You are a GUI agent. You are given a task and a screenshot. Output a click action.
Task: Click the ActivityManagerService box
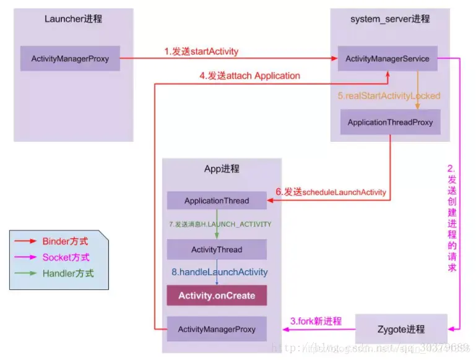[387, 59]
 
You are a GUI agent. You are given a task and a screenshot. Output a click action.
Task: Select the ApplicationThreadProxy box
[390, 122]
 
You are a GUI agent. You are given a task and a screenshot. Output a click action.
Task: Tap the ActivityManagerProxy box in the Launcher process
[70, 59]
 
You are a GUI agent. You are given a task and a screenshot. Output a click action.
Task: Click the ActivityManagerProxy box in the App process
[217, 328]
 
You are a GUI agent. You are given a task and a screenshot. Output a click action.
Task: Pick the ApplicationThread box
[217, 201]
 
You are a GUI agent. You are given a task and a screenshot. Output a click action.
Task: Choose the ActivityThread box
[217, 250]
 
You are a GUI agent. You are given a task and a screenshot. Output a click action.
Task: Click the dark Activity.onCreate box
[217, 296]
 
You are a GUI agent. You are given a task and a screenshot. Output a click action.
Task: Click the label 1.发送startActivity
[201, 51]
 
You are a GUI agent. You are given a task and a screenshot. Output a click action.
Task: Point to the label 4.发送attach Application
[249, 76]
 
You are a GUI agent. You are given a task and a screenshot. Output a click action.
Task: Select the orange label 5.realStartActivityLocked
[389, 96]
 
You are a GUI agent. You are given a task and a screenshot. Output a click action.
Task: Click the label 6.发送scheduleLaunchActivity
[331, 192]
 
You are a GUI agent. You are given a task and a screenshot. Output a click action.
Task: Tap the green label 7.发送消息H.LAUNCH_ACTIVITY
[220, 224]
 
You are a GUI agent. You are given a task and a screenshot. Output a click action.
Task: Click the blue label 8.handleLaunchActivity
[219, 272]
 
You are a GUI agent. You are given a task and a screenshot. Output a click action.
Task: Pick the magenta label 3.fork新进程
[316, 321]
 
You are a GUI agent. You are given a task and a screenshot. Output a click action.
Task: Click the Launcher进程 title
[73, 19]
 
